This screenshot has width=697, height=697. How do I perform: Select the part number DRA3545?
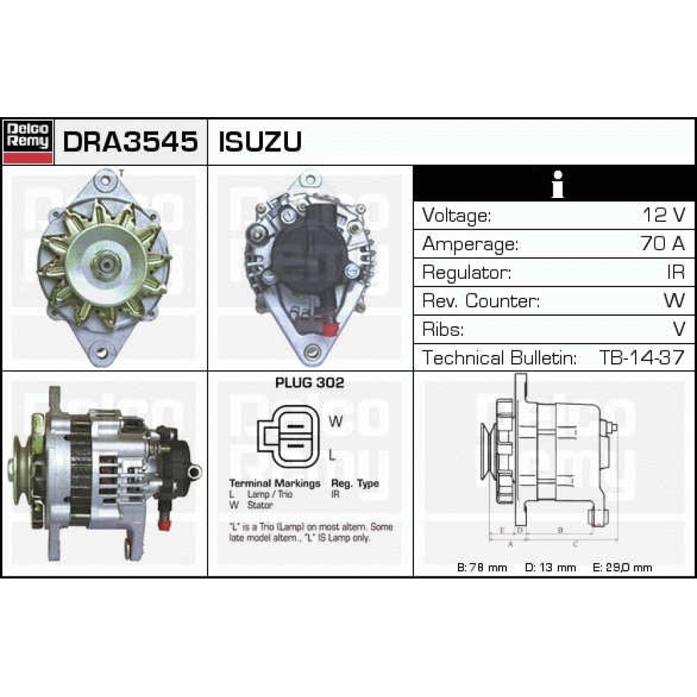click(130, 141)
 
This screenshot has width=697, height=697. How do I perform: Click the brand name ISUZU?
click(260, 141)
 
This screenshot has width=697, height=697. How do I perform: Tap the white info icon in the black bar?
click(556, 185)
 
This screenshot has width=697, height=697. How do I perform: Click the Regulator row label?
click(466, 273)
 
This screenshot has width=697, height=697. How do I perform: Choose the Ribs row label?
click(443, 330)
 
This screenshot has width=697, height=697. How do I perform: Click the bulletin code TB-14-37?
click(641, 358)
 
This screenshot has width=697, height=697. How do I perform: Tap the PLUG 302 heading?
click(309, 383)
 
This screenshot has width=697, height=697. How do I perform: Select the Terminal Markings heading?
click(275, 483)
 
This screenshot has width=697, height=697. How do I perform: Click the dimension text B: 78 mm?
click(482, 567)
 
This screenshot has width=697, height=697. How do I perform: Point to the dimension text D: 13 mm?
click(550, 567)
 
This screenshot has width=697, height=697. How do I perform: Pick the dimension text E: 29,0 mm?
click(622, 567)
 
